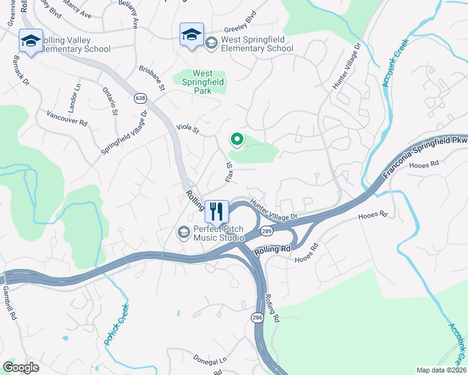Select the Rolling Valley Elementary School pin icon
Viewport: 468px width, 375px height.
tap(31, 41)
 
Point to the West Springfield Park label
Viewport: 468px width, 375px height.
tap(203, 82)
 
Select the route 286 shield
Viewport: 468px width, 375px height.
tap(258, 317)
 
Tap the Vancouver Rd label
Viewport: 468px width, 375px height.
tap(66, 119)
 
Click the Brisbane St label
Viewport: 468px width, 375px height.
tap(151, 79)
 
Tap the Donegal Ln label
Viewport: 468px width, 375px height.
tap(210, 361)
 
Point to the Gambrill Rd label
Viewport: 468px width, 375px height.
tap(8, 303)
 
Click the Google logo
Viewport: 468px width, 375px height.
tap(21, 367)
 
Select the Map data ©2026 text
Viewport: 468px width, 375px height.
tap(440, 370)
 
